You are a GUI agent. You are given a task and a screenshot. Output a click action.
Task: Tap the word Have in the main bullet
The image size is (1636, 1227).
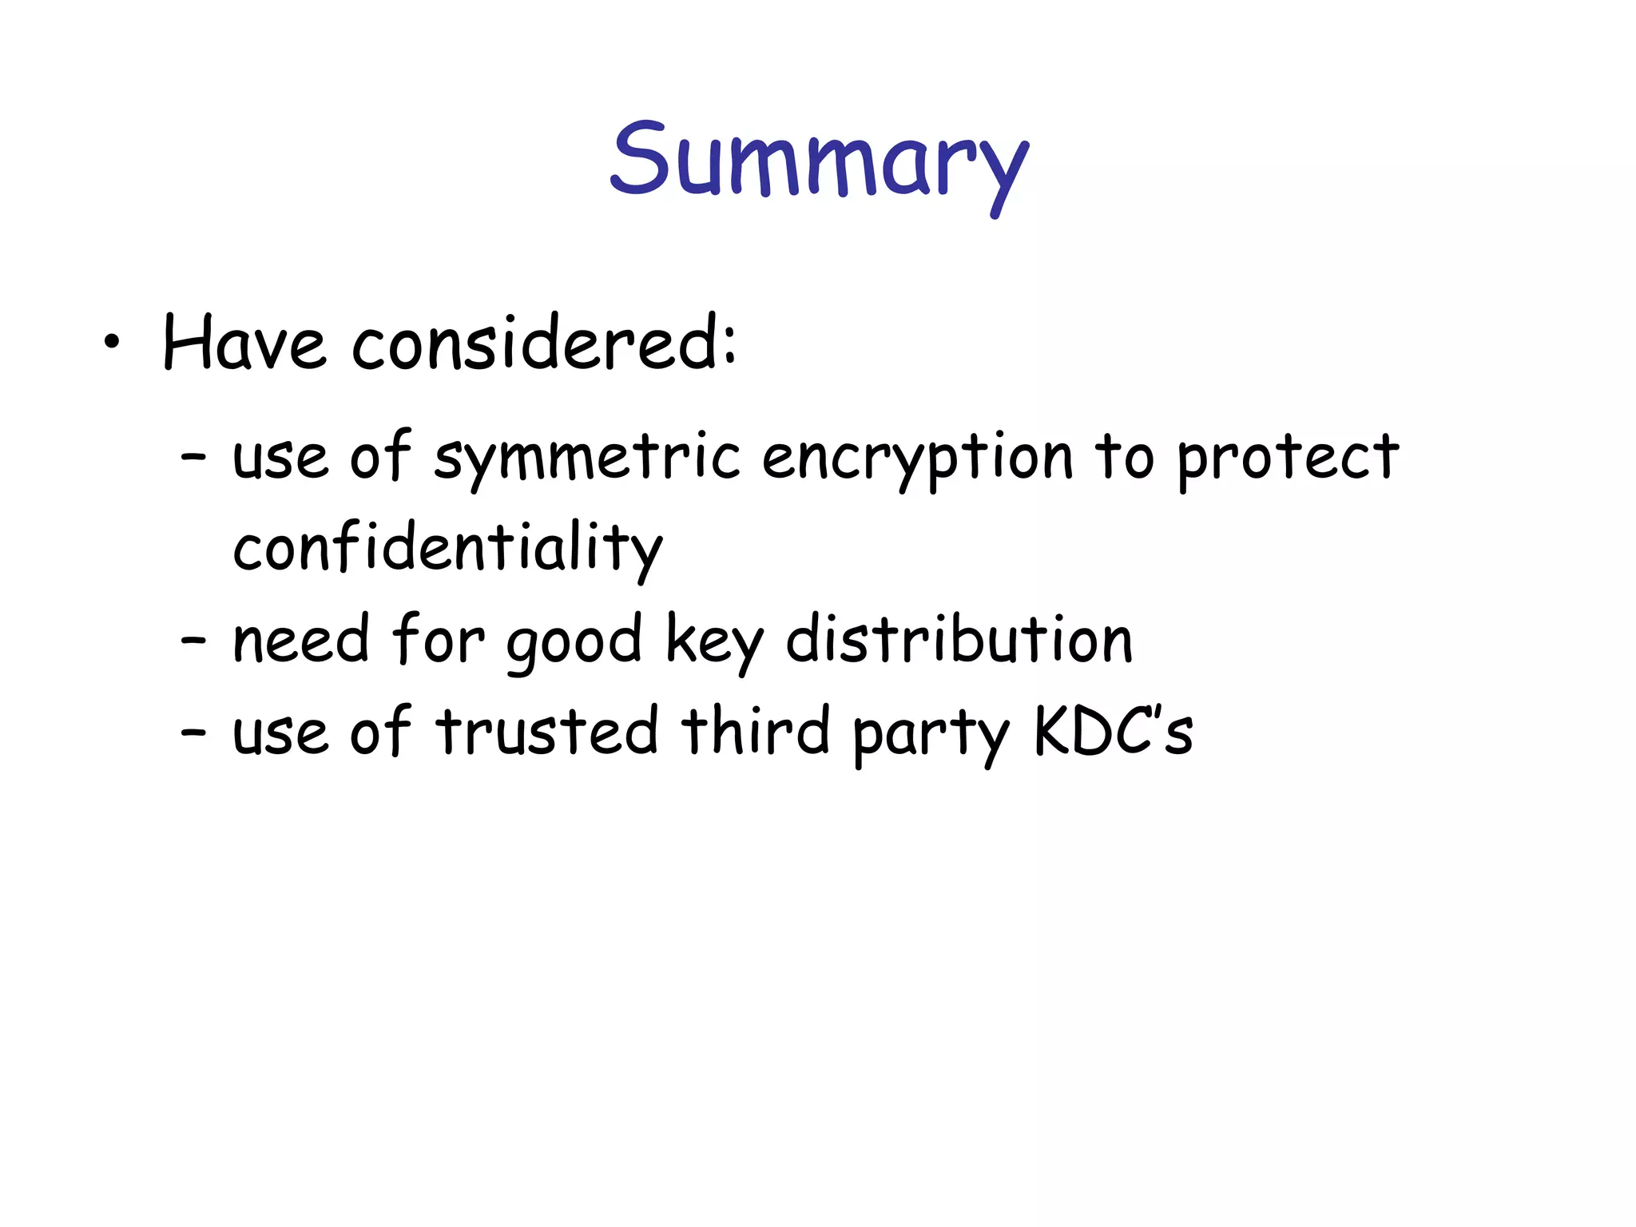tap(244, 343)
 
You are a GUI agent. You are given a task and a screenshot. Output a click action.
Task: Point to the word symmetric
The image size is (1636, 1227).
tap(587, 459)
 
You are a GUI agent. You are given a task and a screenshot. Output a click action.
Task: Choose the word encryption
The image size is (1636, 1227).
tap(917, 459)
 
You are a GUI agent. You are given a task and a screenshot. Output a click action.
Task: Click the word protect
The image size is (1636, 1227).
tap(1288, 459)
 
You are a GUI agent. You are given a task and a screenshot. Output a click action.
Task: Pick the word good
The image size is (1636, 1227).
tap(574, 642)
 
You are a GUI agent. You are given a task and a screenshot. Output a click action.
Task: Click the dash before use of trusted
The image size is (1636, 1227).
tap(193, 733)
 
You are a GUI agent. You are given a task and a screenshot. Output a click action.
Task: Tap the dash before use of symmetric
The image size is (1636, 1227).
tap(193, 459)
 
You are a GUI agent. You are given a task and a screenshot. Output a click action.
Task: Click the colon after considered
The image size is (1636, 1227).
tap(729, 348)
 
